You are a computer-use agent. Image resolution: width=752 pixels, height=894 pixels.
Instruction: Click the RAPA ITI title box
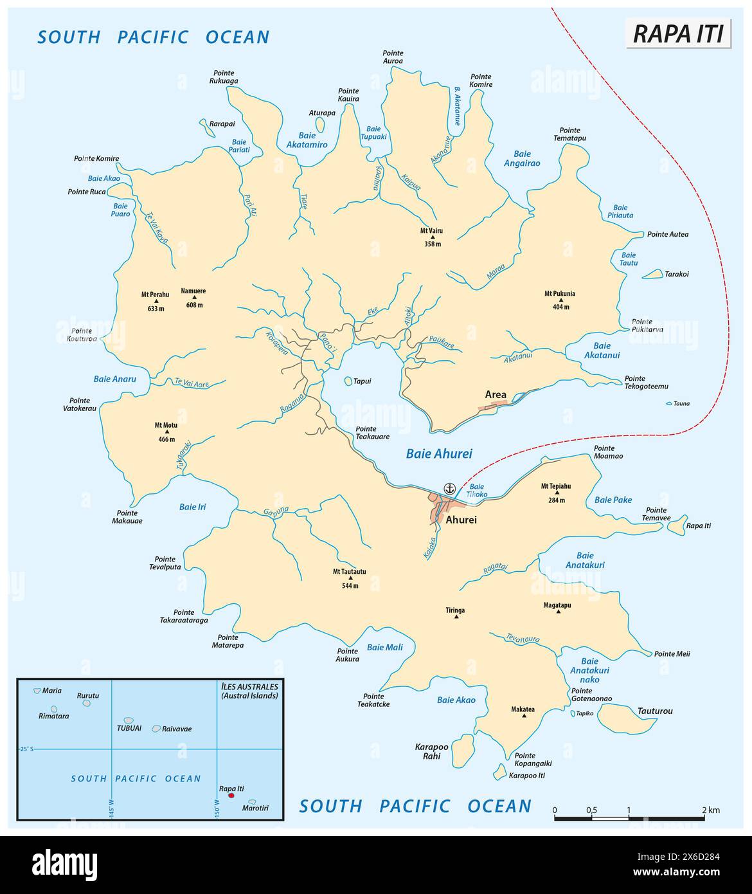tap(679, 33)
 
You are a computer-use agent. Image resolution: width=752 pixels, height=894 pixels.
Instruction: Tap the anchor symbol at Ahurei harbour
tap(450, 488)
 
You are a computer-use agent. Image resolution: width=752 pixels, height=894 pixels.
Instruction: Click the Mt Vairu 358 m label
tap(433, 237)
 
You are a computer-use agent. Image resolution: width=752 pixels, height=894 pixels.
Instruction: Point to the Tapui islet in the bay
tap(348, 381)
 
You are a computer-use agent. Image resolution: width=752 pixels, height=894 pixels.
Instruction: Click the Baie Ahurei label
tap(439, 453)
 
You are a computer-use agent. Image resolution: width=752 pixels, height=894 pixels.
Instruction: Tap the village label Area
tap(496, 394)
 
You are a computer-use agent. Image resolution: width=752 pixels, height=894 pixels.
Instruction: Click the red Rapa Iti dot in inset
tap(231, 796)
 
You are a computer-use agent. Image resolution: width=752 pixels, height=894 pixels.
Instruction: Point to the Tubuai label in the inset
tap(129, 729)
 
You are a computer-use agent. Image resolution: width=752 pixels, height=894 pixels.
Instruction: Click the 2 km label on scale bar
tap(710, 810)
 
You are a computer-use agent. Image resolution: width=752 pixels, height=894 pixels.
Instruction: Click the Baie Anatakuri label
tap(585, 560)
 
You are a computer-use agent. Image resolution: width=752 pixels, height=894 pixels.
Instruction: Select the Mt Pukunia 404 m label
tap(560, 300)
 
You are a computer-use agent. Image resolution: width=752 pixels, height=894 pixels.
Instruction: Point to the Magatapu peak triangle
tap(557, 612)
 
